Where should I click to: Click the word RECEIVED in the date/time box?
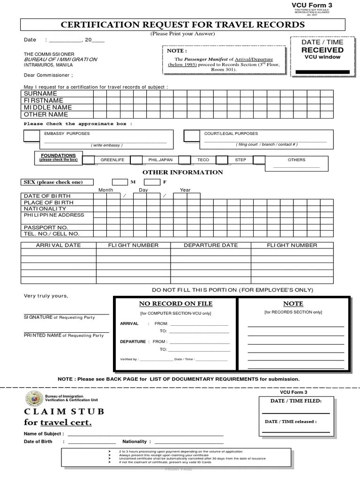point(322,50)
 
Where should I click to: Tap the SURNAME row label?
point(40,94)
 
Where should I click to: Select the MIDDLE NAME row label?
point(48,107)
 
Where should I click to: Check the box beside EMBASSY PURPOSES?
point(32,136)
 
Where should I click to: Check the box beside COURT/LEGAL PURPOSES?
point(191,136)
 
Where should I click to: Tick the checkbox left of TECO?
point(185,160)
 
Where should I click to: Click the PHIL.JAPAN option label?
point(160,160)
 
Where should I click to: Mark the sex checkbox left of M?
point(120,182)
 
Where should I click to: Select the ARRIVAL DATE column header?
point(59,245)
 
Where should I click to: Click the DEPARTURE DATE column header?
point(210,245)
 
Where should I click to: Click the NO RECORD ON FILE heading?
point(175,304)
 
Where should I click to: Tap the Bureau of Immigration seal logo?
point(34,399)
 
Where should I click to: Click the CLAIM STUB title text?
point(64,412)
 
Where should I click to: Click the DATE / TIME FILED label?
point(296,401)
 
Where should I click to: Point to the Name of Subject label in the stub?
point(43,434)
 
